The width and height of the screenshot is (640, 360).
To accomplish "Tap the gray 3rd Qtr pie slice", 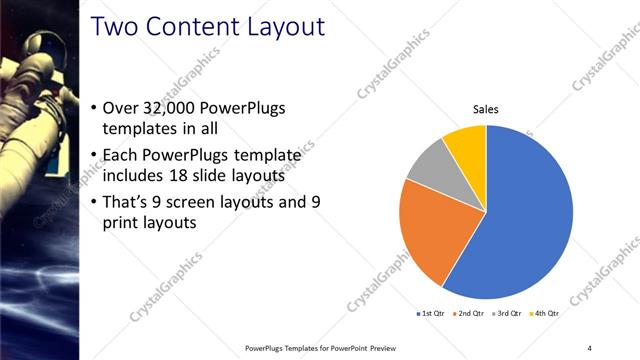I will click(425, 165).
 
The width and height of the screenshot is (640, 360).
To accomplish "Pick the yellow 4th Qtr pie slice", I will click(466, 143).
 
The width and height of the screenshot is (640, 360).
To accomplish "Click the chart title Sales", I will click(485, 109).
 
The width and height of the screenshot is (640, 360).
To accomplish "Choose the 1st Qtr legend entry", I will click(431, 314).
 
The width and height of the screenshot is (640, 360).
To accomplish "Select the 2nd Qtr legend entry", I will click(470, 314).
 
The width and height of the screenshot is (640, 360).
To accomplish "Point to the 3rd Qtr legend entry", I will click(508, 314).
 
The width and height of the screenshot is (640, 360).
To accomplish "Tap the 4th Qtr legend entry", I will click(546, 314).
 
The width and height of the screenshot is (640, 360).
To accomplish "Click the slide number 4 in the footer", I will click(589, 347).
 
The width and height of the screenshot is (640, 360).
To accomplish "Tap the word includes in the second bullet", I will click(137, 176).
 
